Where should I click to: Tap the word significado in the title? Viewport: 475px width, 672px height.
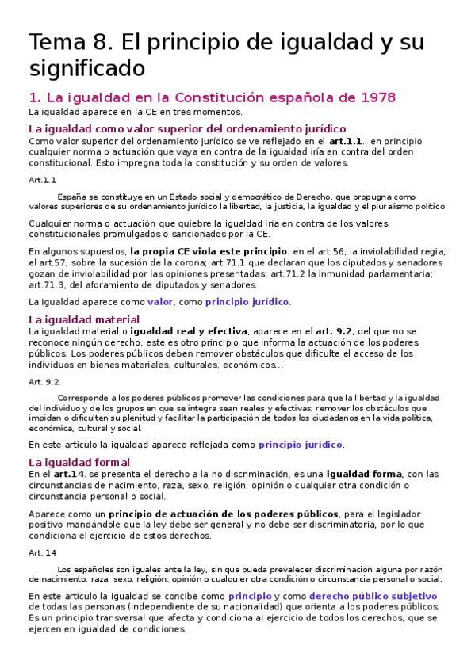pos(87,68)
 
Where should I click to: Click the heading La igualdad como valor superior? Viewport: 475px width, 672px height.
pos(187,128)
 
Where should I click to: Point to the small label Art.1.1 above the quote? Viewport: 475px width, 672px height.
pos(42,180)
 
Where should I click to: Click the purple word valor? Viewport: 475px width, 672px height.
pos(160,302)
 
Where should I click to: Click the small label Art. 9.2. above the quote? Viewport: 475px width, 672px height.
pos(45,381)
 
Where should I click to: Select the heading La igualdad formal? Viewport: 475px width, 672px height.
pos(79,462)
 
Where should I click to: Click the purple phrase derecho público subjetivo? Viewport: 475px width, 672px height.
pos(373,596)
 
